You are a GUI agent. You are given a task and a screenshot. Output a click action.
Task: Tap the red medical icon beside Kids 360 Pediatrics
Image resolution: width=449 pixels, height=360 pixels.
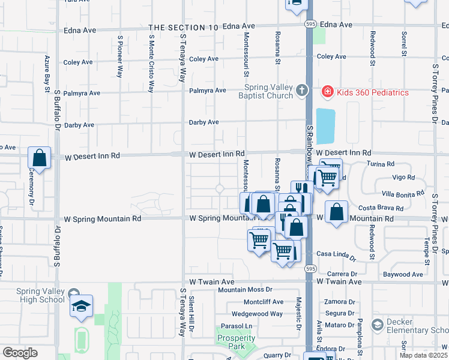tap(327, 92)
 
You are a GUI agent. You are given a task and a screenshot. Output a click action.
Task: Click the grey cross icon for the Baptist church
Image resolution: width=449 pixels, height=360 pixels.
tap(302, 91)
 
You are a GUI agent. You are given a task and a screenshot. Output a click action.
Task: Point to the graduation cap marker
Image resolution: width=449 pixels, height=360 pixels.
tap(81, 307)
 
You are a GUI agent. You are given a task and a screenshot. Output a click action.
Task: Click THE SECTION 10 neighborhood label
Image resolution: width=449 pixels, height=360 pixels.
tap(183, 28)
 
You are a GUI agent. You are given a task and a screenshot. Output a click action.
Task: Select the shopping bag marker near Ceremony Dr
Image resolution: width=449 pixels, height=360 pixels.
tap(39, 159)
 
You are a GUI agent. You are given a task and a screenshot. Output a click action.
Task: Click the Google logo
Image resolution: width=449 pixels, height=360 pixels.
tap(20, 353)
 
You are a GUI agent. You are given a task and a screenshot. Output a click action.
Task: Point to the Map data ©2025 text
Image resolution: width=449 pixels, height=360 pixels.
tap(423, 355)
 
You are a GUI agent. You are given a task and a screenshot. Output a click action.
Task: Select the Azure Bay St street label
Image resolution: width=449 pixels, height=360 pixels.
tap(46, 74)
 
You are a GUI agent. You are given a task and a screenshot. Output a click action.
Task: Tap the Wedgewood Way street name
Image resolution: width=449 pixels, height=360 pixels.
tap(257, 314)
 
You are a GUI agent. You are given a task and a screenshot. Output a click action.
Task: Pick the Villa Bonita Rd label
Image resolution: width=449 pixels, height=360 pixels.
tap(403, 193)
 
